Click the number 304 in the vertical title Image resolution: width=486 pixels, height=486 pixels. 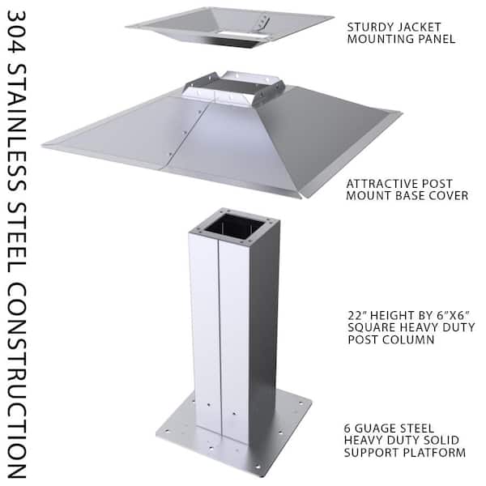[16, 32]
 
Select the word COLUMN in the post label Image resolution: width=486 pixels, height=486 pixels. [408, 339]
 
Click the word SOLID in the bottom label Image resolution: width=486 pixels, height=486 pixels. [441, 441]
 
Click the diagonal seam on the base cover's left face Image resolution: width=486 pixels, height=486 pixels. [185, 133]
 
